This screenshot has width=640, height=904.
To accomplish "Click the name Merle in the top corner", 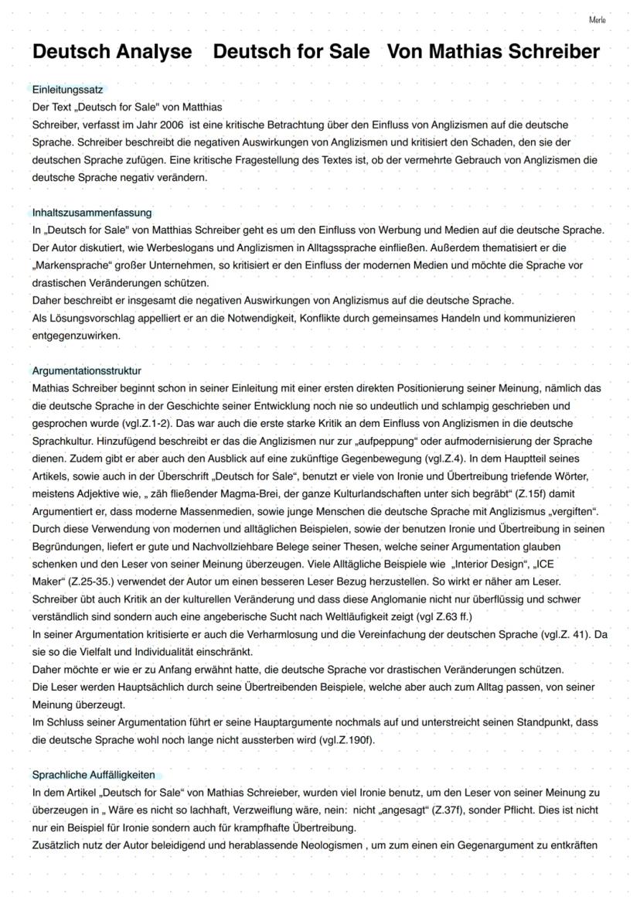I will pyautogui.click(x=597, y=19).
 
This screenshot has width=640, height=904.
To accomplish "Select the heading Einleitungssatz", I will pyautogui.click(x=67, y=90).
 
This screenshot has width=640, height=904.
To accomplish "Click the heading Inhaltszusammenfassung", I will pyautogui.click(x=92, y=212).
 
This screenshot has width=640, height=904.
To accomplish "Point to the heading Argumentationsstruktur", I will pyautogui.click(x=87, y=370).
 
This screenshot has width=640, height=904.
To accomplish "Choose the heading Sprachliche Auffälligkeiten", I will pyautogui.click(x=94, y=774).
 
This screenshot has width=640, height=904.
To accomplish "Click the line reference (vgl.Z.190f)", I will pyautogui.click(x=346, y=739).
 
